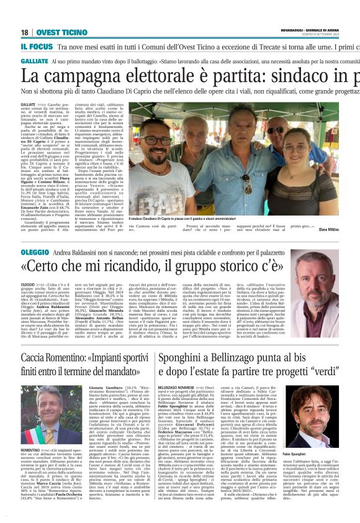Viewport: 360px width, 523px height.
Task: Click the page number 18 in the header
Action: (x=25, y=32)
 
